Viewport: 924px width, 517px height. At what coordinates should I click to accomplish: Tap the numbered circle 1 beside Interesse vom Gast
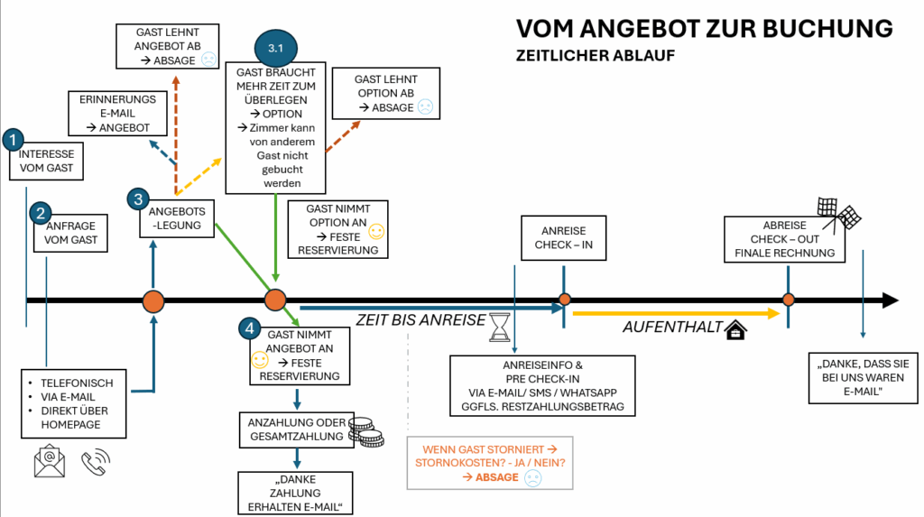pyautogui.click(x=13, y=139)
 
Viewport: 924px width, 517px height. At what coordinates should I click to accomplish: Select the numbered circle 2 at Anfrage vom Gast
pyautogui.click(x=40, y=213)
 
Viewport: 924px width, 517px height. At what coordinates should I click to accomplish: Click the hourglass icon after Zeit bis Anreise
pyautogui.click(x=499, y=328)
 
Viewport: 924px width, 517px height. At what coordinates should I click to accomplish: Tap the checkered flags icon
pyautogui.click(x=838, y=214)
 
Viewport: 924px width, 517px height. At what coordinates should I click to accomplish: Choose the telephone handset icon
pyautogui.click(x=95, y=461)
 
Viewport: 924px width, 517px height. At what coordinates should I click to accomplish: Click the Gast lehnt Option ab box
pyautogui.click(x=385, y=93)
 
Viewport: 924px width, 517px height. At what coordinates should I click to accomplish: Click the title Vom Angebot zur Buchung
pyautogui.click(x=704, y=28)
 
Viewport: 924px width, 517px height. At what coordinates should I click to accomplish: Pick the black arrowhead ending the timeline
pyautogui.click(x=890, y=300)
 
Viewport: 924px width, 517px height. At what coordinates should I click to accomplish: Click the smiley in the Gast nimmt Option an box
pyautogui.click(x=376, y=232)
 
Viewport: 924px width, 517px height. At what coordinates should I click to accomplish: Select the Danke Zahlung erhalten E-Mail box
pyautogui.click(x=294, y=493)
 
